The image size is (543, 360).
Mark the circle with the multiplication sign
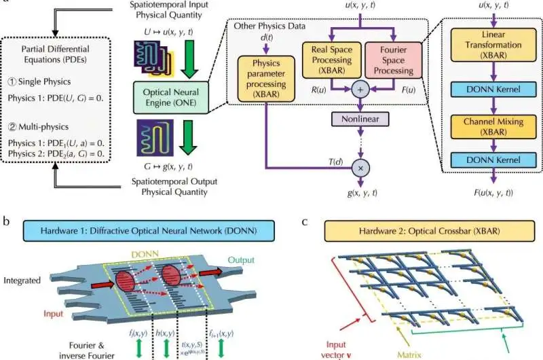tap(359, 166)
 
